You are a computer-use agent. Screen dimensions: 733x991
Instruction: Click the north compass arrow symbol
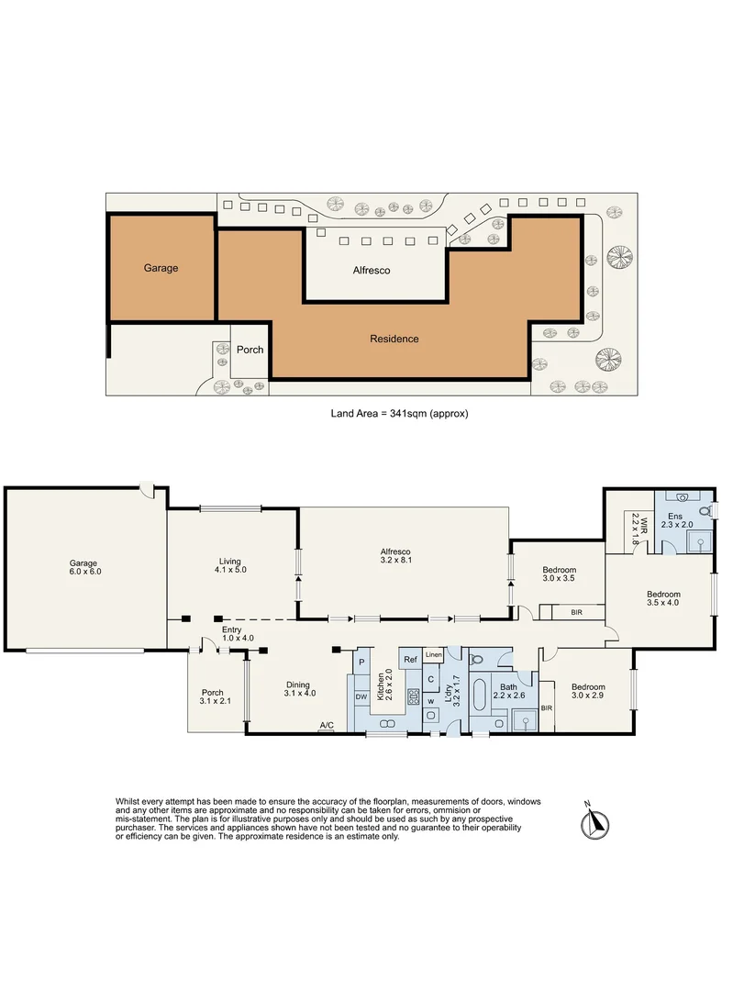coord(594,822)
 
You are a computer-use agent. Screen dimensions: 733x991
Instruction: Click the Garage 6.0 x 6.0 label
coord(84,568)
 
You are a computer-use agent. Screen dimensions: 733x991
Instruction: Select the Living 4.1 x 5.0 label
coord(230,565)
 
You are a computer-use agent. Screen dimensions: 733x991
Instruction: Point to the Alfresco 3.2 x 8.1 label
coord(395,556)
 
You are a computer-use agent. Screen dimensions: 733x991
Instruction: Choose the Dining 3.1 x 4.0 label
coord(298,689)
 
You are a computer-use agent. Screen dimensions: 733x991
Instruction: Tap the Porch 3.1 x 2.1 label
coord(214,696)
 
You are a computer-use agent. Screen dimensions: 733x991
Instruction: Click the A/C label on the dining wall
coord(326,725)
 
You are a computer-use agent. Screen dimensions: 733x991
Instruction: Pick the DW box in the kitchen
coord(361,697)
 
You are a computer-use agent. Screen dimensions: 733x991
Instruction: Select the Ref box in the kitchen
coord(411,659)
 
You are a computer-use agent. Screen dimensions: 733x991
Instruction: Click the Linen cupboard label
coord(434,655)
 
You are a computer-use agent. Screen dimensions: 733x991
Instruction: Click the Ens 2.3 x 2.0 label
coord(676,521)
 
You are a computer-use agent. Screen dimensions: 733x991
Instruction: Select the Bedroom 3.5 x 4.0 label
coord(663,598)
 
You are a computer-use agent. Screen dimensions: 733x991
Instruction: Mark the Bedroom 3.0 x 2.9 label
coord(588,691)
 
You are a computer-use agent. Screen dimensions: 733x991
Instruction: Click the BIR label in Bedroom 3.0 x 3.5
coord(576,612)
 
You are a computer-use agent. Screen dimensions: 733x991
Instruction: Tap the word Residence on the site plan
coord(394,339)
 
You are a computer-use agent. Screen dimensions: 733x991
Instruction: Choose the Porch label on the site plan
coord(250,350)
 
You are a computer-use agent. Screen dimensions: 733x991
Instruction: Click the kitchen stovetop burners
coord(414,696)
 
